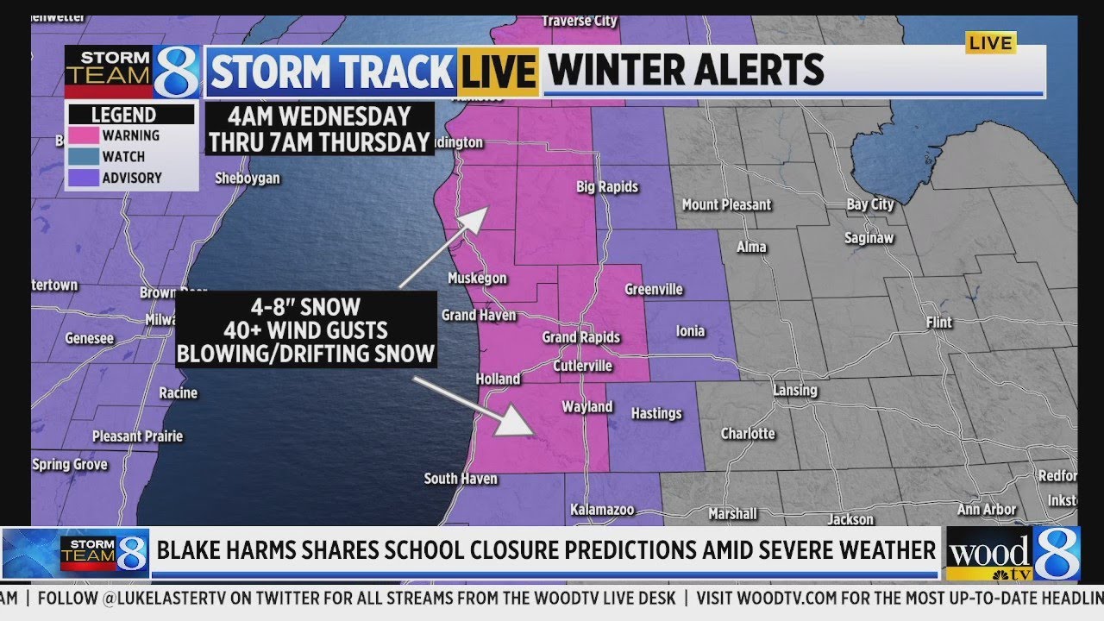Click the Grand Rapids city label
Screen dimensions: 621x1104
point(580,337)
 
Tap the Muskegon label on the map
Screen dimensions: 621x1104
point(477,278)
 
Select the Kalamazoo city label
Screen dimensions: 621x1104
point(603,509)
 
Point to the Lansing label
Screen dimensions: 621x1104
point(794,390)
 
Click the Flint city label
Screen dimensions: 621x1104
point(938,322)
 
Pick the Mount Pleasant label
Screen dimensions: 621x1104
point(726,204)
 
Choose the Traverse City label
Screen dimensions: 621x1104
point(580,21)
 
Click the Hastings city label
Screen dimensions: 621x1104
point(656,413)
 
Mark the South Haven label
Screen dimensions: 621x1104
point(461,479)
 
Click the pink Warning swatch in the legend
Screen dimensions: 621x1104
point(84,135)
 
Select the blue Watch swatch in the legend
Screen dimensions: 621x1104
point(84,157)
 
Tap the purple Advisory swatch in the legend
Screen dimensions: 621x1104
point(84,178)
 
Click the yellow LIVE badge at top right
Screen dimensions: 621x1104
point(990,42)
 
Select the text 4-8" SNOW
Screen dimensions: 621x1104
point(306,307)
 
